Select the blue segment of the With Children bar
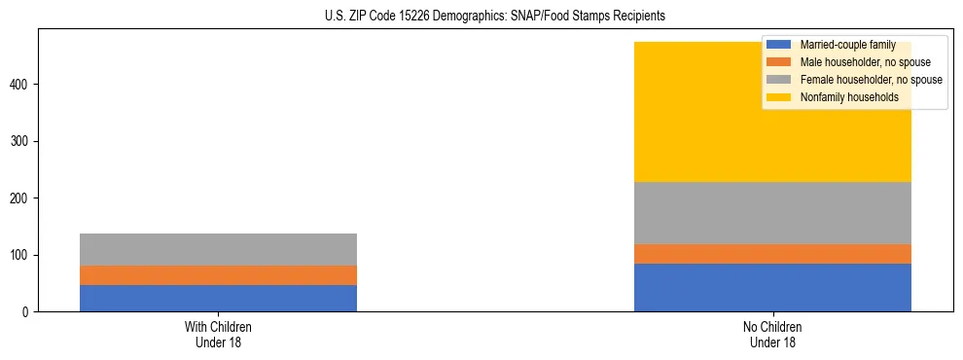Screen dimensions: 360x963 coord(218,298)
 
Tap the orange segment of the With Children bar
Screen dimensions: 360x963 coord(218,275)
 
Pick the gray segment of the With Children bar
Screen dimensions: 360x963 coord(218,249)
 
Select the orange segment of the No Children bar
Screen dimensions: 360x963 coord(772,254)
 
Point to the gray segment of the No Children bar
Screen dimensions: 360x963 coord(772,213)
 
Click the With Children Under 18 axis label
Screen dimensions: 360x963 coord(218,335)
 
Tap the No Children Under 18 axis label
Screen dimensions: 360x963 coord(772,335)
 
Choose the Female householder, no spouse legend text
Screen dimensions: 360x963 coord(871,80)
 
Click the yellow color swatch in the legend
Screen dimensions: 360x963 coord(779,97)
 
